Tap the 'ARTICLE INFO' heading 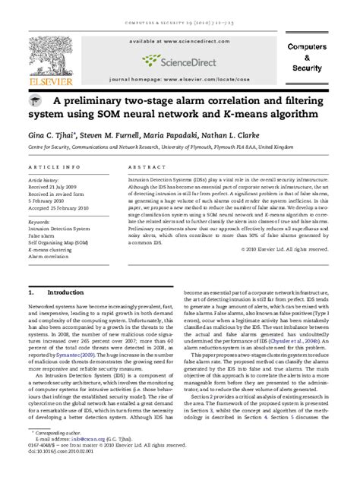pos(54,166)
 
